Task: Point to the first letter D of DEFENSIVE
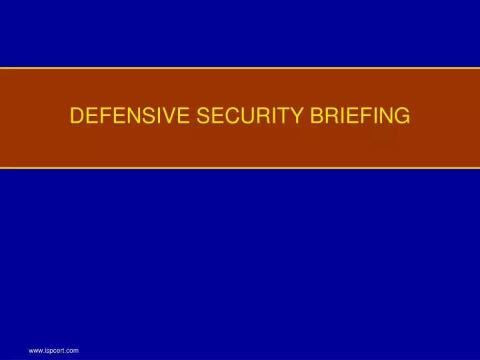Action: click(x=77, y=116)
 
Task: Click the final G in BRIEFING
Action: click(x=402, y=116)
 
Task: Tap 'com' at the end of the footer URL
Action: click(x=73, y=349)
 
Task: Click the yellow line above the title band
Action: click(x=240, y=67)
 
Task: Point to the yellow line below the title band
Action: click(x=240, y=168)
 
